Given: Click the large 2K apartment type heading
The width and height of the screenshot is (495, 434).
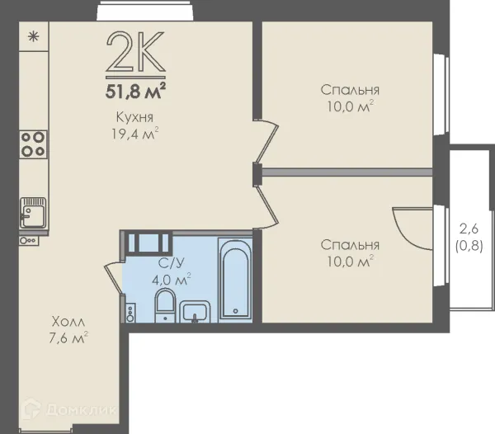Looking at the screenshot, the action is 135,51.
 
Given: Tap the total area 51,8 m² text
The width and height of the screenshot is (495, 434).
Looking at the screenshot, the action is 135,91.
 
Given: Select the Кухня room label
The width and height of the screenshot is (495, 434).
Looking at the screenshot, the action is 134,117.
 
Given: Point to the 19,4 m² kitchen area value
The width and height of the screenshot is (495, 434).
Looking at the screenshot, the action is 134,134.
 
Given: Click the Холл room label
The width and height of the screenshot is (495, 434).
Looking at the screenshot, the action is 68,322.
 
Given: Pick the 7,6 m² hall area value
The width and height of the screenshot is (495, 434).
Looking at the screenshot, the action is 68,338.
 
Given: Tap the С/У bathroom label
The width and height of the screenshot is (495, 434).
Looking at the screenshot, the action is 171,263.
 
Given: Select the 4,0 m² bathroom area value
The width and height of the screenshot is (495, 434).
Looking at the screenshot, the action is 172,280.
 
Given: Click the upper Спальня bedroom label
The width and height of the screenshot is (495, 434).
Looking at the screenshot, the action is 350,90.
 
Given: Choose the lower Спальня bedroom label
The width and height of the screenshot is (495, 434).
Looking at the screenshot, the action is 350,245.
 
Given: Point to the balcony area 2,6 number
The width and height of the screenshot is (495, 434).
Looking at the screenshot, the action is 469,229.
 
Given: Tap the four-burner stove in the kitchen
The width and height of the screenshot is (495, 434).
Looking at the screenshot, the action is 33,144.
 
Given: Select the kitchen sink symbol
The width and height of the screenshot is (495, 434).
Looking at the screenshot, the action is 33,213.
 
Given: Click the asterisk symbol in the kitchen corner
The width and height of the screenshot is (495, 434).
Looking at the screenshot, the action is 34,37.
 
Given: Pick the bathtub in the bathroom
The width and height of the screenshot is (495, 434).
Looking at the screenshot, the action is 235,279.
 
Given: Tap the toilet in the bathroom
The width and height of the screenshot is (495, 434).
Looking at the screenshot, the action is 165,305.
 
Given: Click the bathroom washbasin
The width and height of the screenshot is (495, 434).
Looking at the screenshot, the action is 195,312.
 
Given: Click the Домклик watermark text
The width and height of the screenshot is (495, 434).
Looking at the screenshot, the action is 81,410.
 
